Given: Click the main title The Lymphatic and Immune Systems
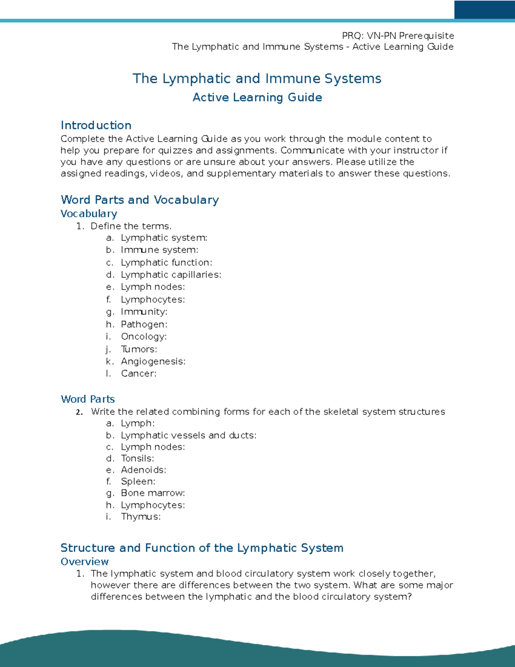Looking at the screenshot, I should pyautogui.click(x=257, y=79).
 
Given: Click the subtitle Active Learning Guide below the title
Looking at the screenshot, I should pyautogui.click(x=257, y=97).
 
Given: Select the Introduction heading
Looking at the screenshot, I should pyautogui.click(x=96, y=125).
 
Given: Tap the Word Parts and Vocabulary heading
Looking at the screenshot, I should pyautogui.click(x=139, y=200).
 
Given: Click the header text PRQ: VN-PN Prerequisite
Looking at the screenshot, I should pyautogui.click(x=398, y=36).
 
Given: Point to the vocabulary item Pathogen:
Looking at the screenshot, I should pyautogui.click(x=144, y=324).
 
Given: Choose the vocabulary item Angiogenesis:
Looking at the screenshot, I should pyautogui.click(x=153, y=361).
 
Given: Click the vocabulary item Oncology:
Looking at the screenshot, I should pyautogui.click(x=143, y=336).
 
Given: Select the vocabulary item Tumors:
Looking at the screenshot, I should pyautogui.click(x=139, y=349).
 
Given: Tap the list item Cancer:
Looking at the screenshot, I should pyautogui.click(x=138, y=374).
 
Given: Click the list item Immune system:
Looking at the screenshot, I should pyautogui.click(x=159, y=250).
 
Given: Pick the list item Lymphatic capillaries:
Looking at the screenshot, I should pyautogui.click(x=171, y=274).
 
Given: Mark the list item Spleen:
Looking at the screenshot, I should pyautogui.click(x=138, y=481).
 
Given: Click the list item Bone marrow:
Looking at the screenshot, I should pyautogui.click(x=153, y=493).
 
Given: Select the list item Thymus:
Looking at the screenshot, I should pyautogui.click(x=140, y=516).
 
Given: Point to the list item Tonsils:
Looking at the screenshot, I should pyautogui.click(x=137, y=458).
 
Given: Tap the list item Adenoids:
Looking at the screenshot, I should pyautogui.click(x=143, y=470).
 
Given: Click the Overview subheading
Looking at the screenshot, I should pyautogui.click(x=85, y=562).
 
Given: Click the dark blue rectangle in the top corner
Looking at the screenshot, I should pyautogui.click(x=484, y=9).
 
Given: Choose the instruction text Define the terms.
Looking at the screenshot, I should pyautogui.click(x=131, y=226).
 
